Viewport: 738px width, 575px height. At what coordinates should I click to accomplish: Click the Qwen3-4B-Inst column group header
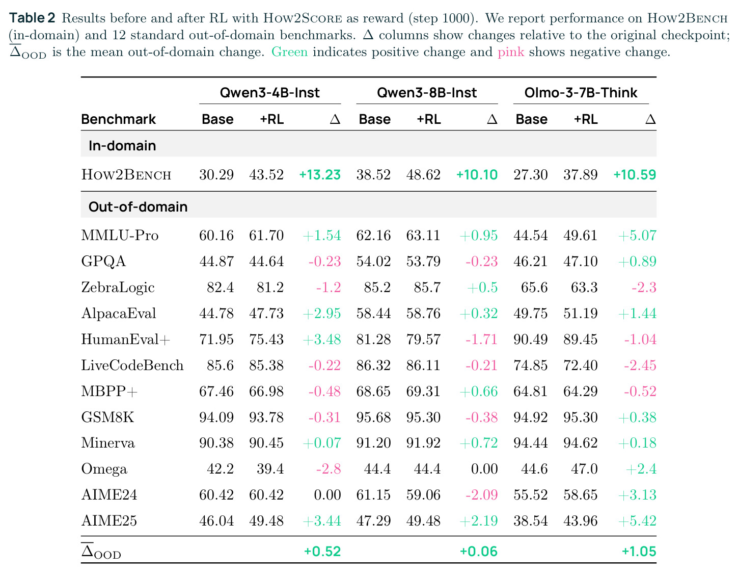[269, 92]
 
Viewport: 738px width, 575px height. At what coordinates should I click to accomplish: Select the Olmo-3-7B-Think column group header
[581, 92]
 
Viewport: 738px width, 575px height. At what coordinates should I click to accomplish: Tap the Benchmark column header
[118, 119]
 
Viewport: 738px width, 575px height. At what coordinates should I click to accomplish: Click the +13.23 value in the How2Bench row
[319, 175]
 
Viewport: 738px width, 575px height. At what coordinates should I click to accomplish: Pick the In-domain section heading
[122, 146]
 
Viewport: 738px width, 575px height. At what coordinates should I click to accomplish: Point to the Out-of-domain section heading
[138, 206]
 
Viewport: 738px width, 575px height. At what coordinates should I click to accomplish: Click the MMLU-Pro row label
[120, 235]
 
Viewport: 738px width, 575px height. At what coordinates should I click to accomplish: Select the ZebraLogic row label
[118, 287]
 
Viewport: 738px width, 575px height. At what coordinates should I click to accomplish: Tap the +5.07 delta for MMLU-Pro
[637, 235]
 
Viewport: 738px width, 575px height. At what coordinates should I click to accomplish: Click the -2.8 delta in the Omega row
[329, 469]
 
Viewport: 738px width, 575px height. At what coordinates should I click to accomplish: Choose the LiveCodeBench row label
[132, 365]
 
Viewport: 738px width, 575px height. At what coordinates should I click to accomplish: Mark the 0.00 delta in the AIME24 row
[327, 495]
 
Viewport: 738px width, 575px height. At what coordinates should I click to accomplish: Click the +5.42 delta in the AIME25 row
[637, 520]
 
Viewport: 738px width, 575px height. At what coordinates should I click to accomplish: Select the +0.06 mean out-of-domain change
[479, 551]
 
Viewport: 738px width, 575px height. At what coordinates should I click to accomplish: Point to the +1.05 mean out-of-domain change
[639, 551]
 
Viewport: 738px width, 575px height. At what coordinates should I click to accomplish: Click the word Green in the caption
[289, 52]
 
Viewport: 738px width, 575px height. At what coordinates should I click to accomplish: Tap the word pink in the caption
[511, 53]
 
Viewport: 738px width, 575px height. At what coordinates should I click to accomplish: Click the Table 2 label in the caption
[32, 18]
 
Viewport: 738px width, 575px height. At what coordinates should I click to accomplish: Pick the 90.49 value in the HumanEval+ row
[531, 339]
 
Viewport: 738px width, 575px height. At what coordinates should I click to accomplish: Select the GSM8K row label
[107, 417]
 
